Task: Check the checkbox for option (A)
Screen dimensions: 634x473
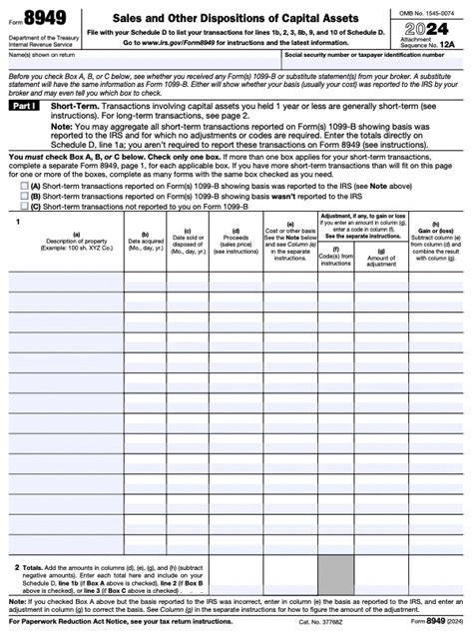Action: [x=25, y=185]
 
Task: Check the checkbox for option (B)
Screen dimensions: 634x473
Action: [x=25, y=196]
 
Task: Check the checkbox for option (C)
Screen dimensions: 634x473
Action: [x=25, y=207]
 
